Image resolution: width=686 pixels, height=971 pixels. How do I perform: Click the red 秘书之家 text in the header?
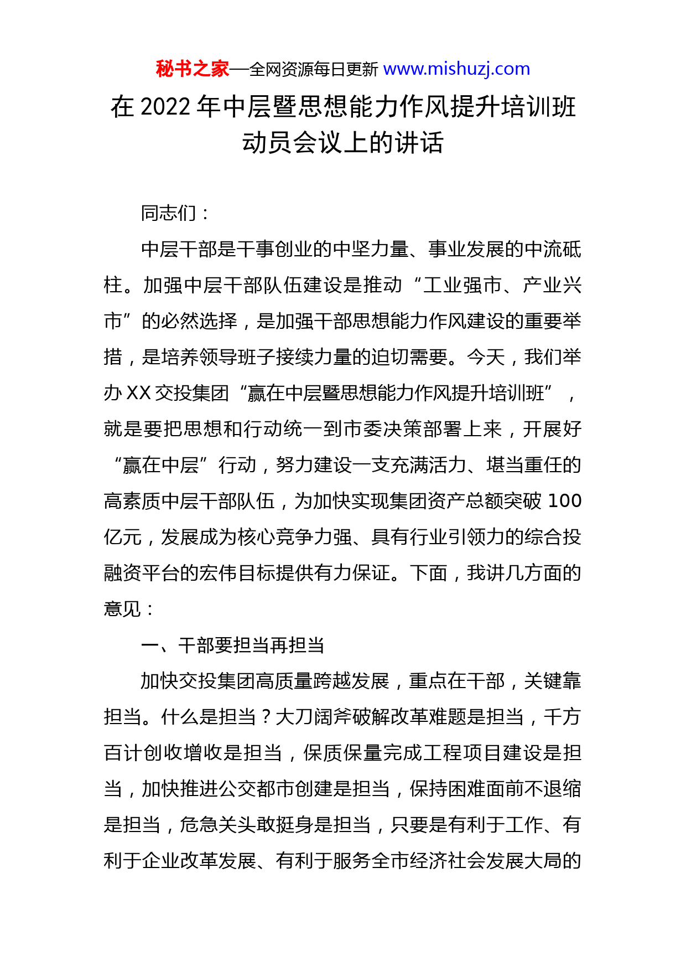coord(192,69)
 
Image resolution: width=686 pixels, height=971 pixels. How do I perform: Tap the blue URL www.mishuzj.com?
coord(456,69)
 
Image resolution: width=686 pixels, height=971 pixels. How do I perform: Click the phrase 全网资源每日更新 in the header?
coord(314,70)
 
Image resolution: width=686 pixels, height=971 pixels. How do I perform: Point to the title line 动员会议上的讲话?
coord(342,143)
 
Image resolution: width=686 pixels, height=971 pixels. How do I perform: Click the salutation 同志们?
coord(169,213)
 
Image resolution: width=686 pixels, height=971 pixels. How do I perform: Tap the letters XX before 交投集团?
coord(139,393)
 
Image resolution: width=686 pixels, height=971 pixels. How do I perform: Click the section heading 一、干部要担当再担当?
coord(233,645)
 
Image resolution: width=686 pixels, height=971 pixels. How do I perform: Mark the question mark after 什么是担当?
coord(266,717)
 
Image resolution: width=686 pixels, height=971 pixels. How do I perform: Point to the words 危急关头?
coord(218,825)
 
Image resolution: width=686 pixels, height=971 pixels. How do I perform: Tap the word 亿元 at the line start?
coord(123,537)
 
